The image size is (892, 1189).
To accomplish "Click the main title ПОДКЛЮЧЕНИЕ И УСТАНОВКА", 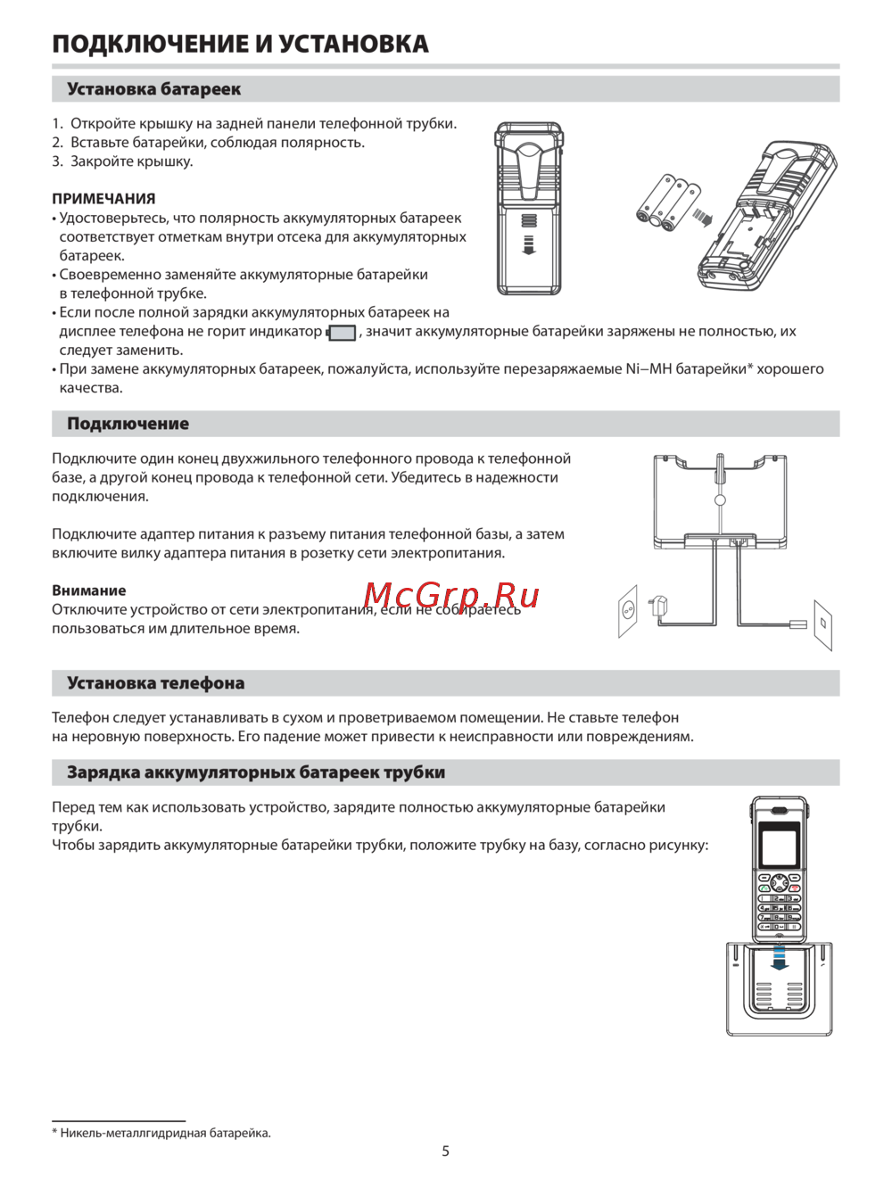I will coord(240,44).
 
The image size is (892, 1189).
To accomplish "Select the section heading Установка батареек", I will coord(153,89).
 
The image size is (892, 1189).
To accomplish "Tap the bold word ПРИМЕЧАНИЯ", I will coord(103,199).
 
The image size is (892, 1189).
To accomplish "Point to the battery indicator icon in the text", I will coord(342,333).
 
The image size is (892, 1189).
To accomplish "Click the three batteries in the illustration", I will coord(668,202).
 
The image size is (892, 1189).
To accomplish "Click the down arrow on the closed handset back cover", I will coord(528,244).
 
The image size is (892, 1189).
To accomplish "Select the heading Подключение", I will coord(128,424).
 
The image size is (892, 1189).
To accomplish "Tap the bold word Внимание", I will coord(89,590).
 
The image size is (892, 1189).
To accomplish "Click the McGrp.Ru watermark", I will coord(451,595).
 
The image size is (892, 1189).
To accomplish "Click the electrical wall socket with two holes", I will coord(628,611).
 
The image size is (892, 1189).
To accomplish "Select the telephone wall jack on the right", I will coord(823,623).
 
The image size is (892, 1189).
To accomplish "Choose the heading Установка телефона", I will coord(155,683).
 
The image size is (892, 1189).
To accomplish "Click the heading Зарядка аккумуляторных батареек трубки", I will coord(256,772).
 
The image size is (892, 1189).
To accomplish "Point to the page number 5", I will coord(446,1152).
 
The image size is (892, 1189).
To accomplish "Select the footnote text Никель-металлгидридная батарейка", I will coord(165,1133).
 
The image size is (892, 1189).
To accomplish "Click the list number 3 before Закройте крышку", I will coord(56,161).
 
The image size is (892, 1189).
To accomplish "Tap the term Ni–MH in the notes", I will coord(648,369).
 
